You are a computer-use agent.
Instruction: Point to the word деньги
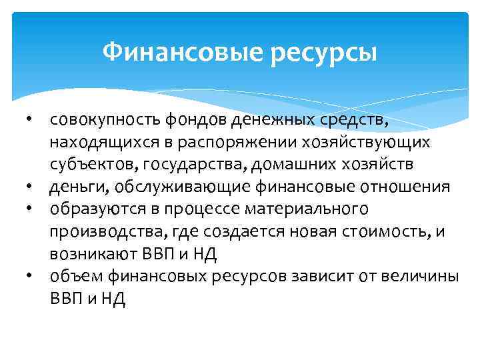click(71, 187)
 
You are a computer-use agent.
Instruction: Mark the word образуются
click(85, 209)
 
